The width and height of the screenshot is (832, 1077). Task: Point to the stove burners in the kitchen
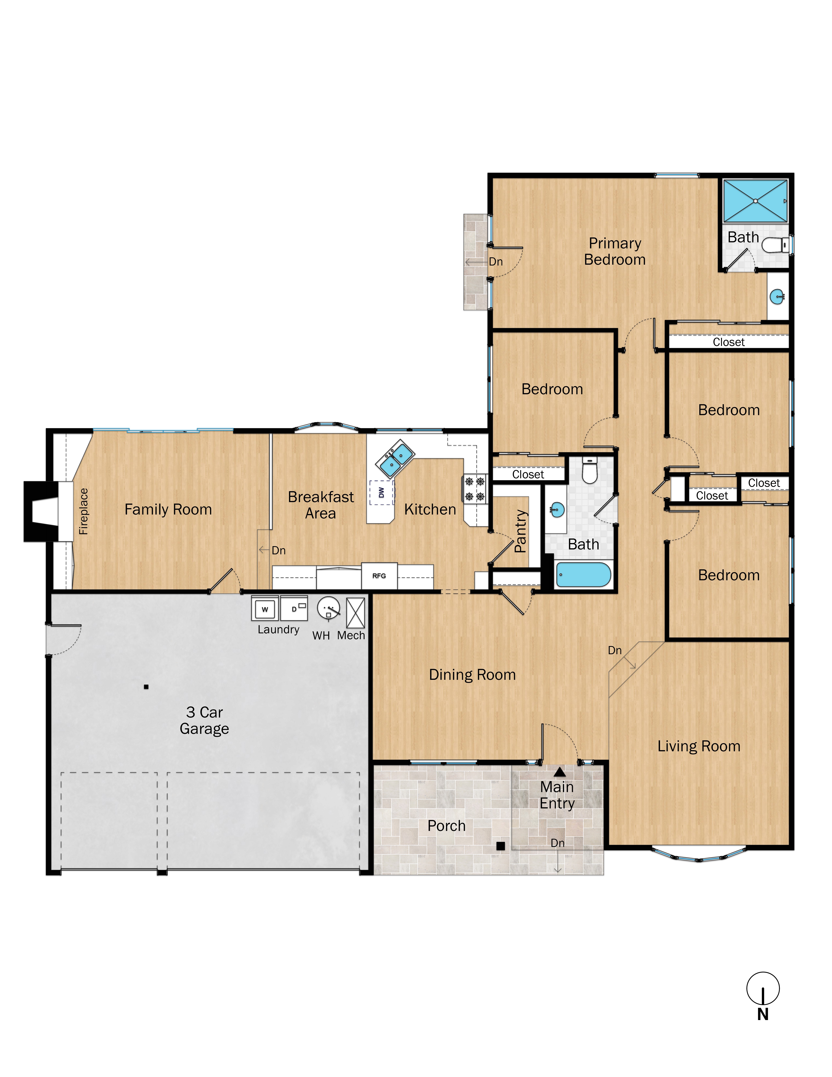tap(475, 489)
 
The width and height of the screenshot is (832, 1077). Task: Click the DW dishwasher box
tap(382, 492)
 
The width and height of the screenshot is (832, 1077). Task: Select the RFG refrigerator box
tap(379, 576)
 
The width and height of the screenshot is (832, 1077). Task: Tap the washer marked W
tap(265, 609)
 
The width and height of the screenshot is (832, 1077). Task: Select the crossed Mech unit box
tap(355, 612)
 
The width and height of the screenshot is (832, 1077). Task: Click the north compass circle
tap(763, 988)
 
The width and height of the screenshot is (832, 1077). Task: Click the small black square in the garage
tap(146, 687)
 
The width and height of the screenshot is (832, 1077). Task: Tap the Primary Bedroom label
tap(615, 251)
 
